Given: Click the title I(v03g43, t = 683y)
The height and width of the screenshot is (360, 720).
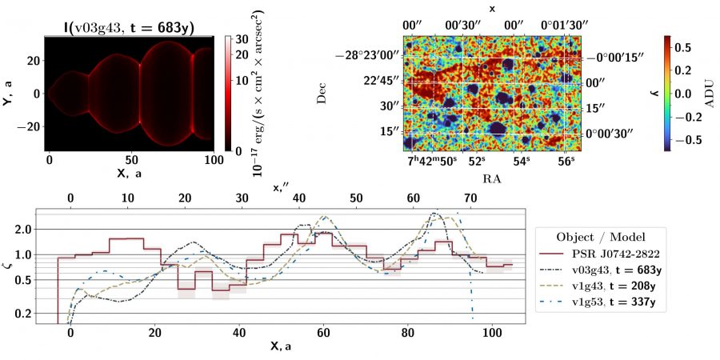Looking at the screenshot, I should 129,26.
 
